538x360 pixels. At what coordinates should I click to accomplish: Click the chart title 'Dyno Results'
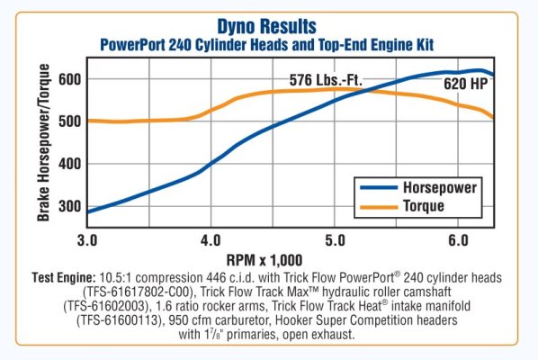coord(267,26)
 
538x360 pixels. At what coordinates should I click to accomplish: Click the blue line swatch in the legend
coord(375,188)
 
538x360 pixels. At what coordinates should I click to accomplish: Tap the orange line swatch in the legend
coord(375,206)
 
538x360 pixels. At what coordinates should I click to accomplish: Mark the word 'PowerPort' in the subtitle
coord(133,43)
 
